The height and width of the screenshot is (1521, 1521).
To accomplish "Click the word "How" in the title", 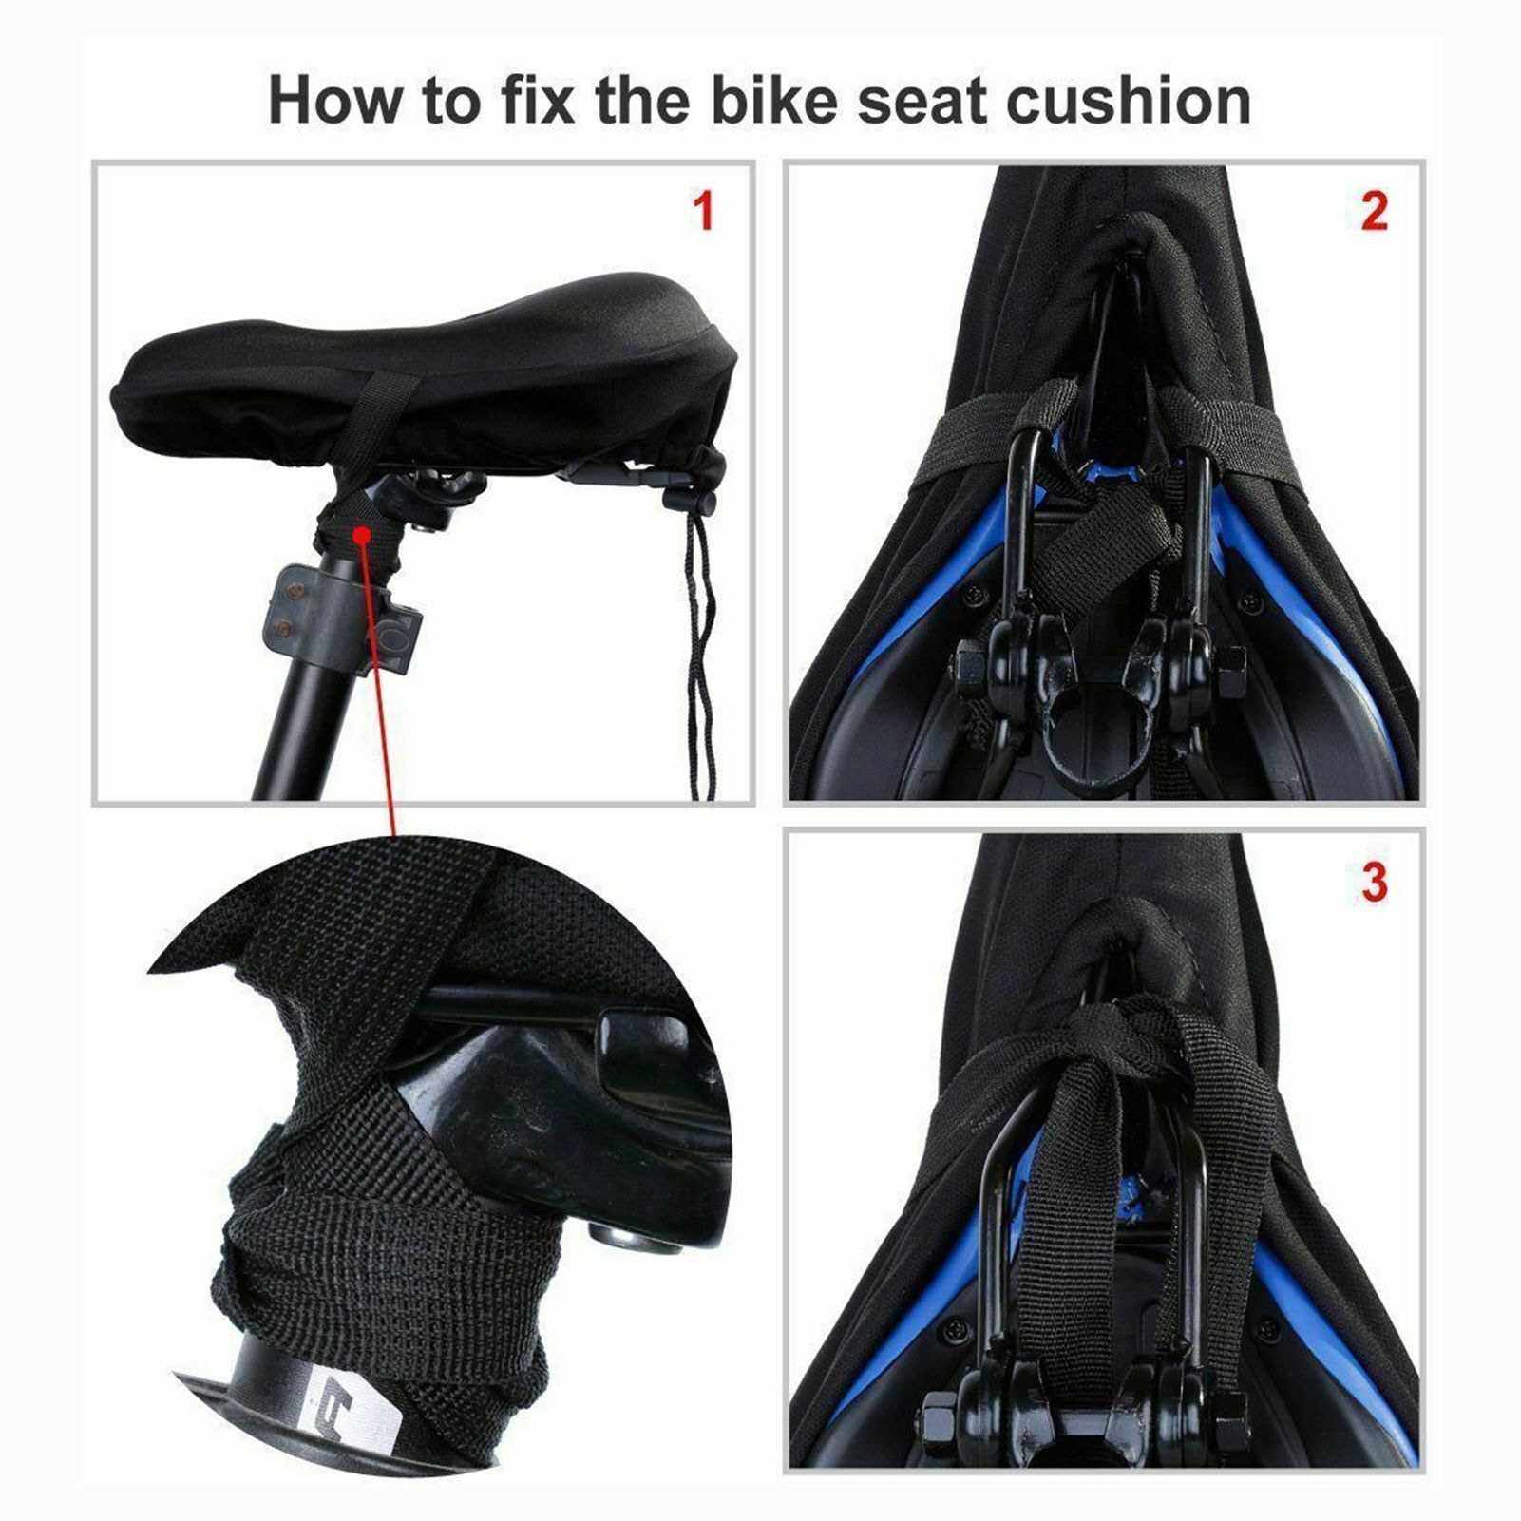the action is point(335,101).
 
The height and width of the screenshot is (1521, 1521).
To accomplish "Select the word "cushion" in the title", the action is point(1129,101).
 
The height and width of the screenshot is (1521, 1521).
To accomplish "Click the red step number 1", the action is point(703,211).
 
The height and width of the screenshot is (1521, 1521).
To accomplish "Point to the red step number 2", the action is point(1374,211).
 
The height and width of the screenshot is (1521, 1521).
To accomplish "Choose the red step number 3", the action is point(1375,882).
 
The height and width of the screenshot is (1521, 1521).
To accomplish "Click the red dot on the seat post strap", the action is point(361,536).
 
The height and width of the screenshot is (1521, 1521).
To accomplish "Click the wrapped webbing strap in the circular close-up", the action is point(380,1235).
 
